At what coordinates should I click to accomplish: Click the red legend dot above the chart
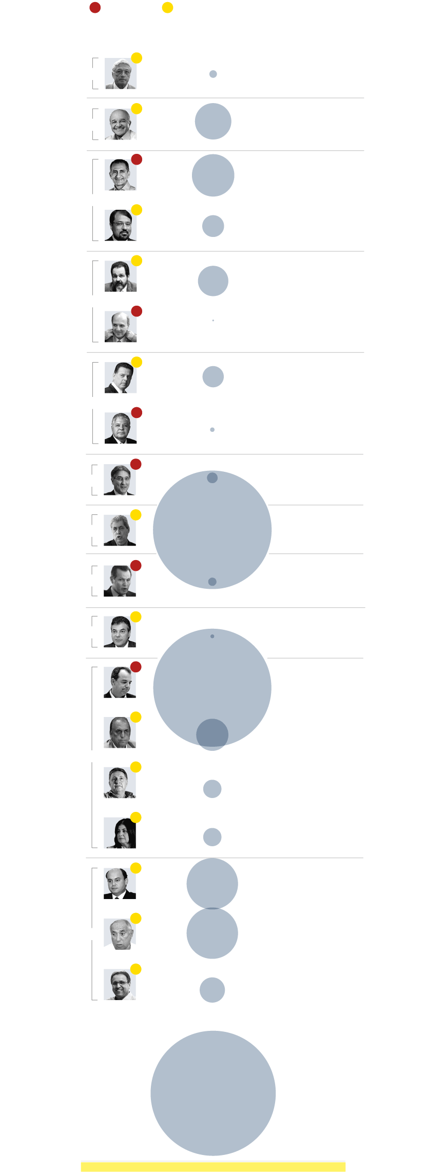[95, 8]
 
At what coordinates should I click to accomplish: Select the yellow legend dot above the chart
[167, 8]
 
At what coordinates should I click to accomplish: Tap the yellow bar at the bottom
[213, 1167]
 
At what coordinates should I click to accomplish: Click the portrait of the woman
[120, 832]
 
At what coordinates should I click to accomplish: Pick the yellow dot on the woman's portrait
[136, 818]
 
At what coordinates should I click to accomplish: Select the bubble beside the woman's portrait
[212, 837]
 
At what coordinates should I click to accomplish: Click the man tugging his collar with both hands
[120, 327]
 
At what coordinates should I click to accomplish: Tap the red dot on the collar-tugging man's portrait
[137, 311]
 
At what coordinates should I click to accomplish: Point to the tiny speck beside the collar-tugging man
[213, 321]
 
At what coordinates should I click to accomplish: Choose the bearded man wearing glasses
[120, 226]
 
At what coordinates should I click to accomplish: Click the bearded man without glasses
[120, 276]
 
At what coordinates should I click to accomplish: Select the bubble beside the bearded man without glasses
[213, 281]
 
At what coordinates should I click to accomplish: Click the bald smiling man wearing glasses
[120, 124]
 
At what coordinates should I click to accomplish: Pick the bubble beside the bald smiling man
[213, 122]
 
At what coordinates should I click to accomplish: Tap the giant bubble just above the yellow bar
[213, 1093]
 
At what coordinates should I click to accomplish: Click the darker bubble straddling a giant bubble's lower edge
[212, 734]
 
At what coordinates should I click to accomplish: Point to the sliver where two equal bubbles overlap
[212, 908]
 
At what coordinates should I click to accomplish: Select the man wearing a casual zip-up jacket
[120, 783]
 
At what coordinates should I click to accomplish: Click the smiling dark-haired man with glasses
[120, 984]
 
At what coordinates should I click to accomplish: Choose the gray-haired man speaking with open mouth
[120, 530]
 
